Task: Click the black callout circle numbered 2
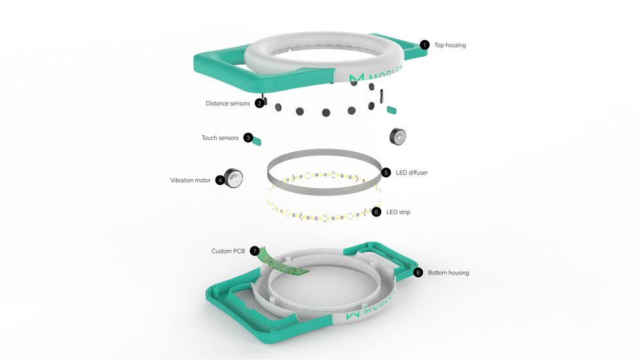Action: (260, 103)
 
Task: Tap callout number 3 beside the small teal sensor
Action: (248, 137)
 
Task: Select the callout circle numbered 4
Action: (220, 180)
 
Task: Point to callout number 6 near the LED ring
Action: (377, 212)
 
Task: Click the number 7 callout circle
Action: (255, 251)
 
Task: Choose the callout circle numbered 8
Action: (418, 272)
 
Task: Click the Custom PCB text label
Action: (228, 251)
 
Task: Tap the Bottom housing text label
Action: (449, 272)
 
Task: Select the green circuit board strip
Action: (283, 265)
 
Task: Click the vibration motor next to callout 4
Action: (234, 178)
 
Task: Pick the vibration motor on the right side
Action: (397, 136)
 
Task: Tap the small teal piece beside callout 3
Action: (258, 140)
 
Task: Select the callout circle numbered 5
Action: (386, 173)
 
